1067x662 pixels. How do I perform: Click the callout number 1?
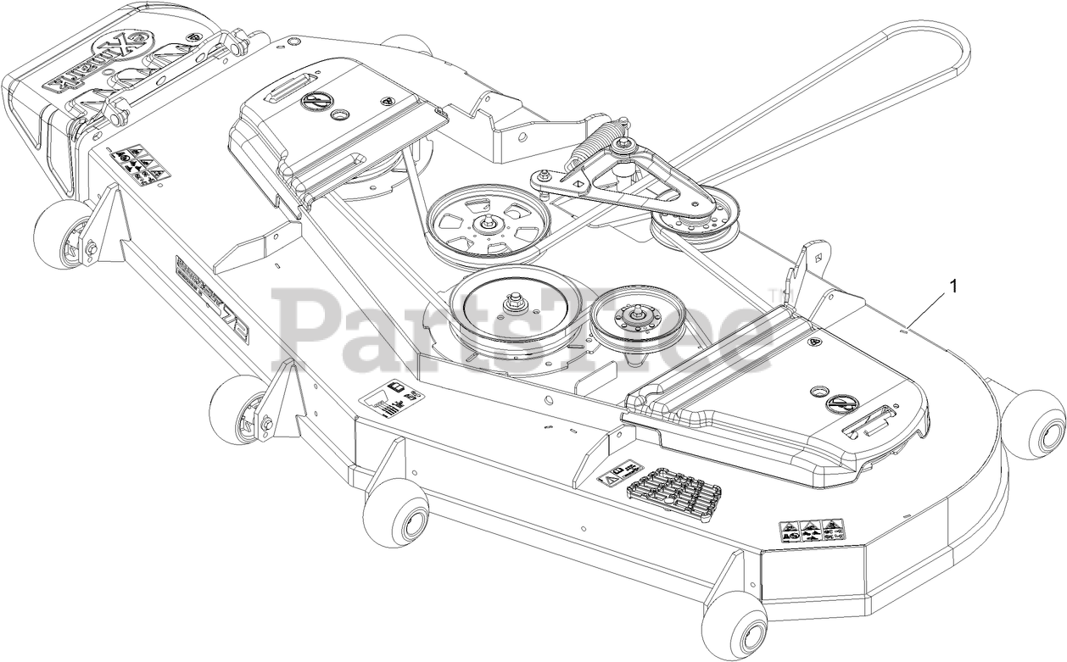pyautogui.click(x=952, y=286)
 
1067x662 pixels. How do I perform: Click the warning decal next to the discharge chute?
pyautogui.click(x=140, y=165)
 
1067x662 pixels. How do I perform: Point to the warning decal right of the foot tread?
pyautogui.click(x=808, y=532)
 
